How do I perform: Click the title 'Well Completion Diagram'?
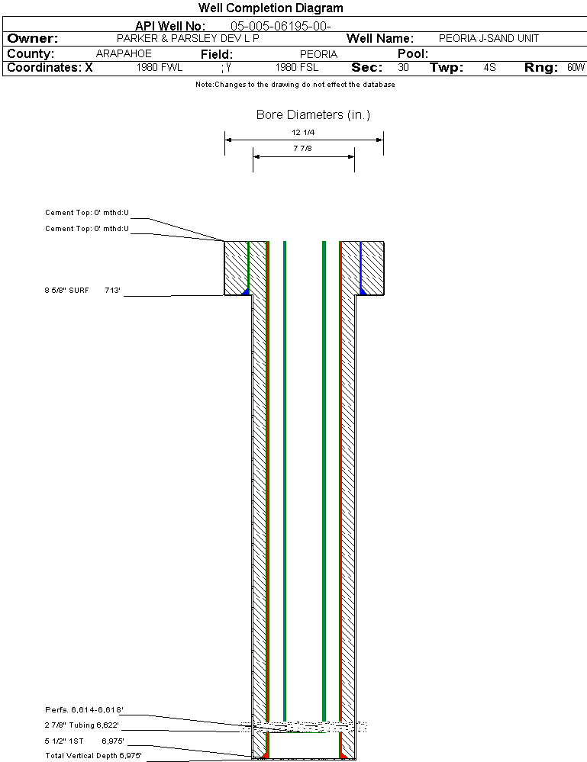coord(270,8)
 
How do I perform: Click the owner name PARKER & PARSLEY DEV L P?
coord(188,38)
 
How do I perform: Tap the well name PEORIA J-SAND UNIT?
coord(489,38)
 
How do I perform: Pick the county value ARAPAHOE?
coord(124,54)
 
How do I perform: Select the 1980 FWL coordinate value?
coord(160,68)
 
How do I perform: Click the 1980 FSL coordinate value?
coord(296,68)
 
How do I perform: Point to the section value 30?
coord(403,68)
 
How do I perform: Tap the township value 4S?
coord(489,68)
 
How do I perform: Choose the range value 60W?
coord(576,68)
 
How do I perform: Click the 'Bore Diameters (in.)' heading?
coord(313,115)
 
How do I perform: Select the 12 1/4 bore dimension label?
coord(303,133)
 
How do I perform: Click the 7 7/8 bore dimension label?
coord(303,149)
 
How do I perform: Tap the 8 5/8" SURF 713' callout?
coord(83,291)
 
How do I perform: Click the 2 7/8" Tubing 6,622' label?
coord(82,725)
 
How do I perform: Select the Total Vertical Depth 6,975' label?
coord(93,755)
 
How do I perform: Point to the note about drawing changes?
coord(295,85)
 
